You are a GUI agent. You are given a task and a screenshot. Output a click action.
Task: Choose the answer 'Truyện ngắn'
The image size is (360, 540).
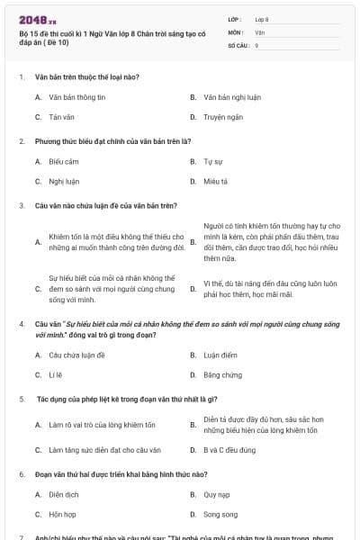(223, 117)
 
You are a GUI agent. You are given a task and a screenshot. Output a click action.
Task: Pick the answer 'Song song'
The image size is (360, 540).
(220, 514)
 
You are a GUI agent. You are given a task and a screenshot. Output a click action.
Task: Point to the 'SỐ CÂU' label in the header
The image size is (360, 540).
(237, 44)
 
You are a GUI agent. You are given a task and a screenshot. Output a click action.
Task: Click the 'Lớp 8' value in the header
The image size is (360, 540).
(262, 18)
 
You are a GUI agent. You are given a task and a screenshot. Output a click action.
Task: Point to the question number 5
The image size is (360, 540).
(22, 398)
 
